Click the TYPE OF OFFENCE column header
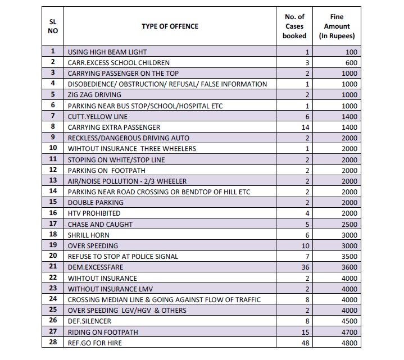tap(170, 26)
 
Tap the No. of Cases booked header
tap(294, 26)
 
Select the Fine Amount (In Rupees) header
tap(337, 26)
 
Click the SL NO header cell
tap(53, 26)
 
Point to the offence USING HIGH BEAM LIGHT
tap(107, 52)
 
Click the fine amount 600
tap(351, 63)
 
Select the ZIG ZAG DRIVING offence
tap(94, 95)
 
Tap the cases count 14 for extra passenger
tap(305, 127)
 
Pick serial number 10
tap(53, 148)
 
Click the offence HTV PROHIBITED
tap(94, 213)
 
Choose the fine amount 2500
tap(349, 224)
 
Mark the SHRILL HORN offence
tap(88, 235)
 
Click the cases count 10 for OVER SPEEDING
tap(305, 245)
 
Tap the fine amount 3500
tap(349, 257)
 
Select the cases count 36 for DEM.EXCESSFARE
tap(305, 267)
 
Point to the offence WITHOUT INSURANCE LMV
tap(110, 289)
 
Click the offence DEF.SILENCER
tap(89, 321)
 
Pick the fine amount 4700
tap(349, 332)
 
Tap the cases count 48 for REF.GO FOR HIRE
tap(305, 343)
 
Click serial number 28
tap(53, 342)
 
